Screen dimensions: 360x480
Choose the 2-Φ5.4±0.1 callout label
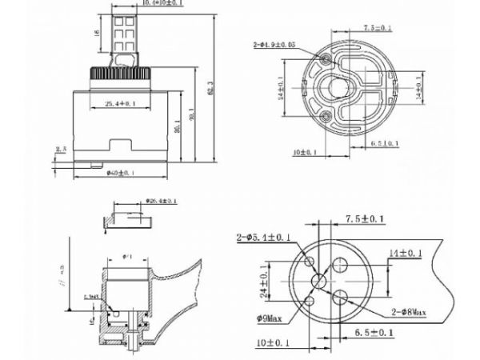(263, 238)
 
